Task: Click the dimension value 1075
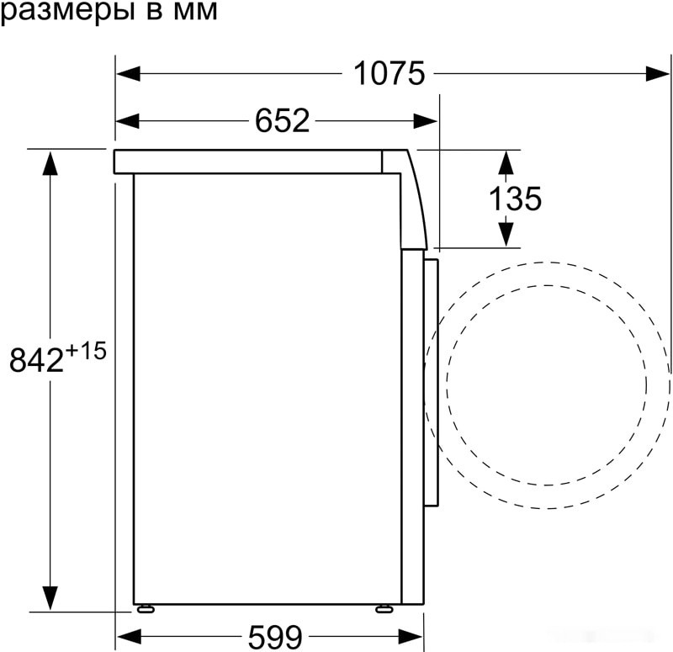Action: tap(389, 74)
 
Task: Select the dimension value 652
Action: tap(283, 122)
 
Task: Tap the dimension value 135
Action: tap(515, 199)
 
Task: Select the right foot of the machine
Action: tap(384, 607)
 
